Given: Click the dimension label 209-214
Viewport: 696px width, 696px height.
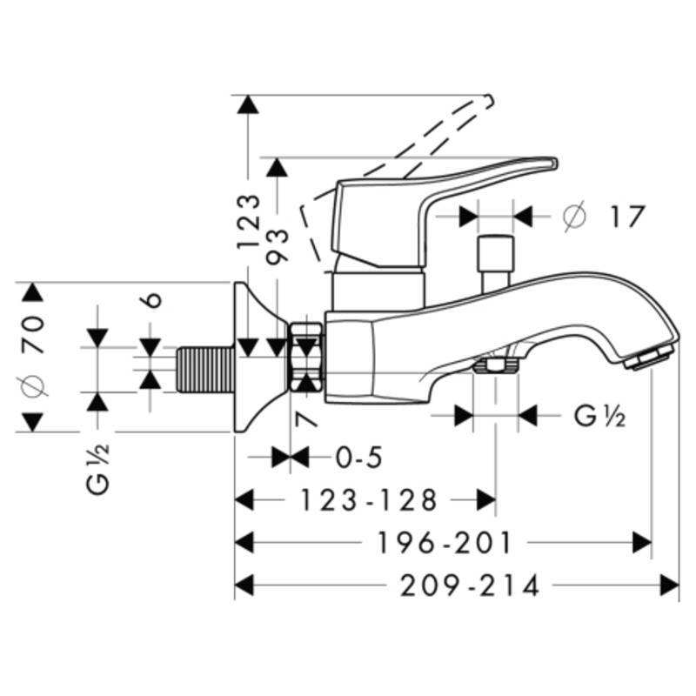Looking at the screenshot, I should click(x=469, y=586).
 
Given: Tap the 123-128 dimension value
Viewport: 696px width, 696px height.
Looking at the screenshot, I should click(x=368, y=500).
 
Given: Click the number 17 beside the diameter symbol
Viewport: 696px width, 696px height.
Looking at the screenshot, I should click(x=626, y=216).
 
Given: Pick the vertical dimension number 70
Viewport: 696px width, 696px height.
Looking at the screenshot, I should click(x=35, y=333).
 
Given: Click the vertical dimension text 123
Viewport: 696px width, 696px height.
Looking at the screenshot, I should click(x=249, y=222).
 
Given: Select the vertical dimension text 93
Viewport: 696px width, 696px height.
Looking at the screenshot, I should click(x=278, y=246).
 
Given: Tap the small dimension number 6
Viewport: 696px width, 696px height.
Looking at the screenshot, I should click(x=152, y=298).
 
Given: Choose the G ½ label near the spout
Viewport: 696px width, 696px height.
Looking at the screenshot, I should click(x=599, y=416).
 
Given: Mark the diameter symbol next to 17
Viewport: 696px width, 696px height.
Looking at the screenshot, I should click(x=575, y=216).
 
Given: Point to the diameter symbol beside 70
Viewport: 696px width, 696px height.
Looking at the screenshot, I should click(x=35, y=385).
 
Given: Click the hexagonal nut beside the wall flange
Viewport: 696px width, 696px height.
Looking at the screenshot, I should click(x=306, y=357).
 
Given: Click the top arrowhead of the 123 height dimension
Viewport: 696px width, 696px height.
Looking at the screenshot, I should click(x=249, y=104).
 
